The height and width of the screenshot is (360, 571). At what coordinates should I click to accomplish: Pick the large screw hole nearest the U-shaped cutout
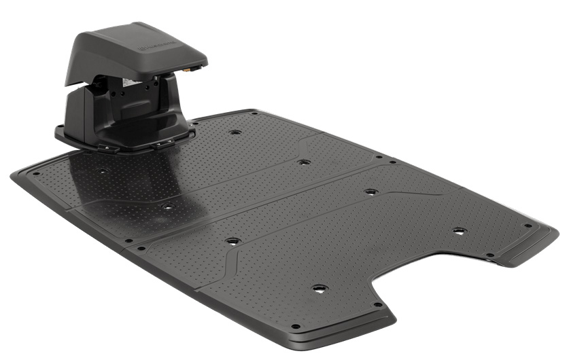pos(318,289)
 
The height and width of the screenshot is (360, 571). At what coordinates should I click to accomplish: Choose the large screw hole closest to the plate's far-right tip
pos(459,232)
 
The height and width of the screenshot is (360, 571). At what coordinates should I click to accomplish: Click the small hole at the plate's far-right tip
pos(527,226)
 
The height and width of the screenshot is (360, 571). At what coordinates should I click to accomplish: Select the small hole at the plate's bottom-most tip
pos(295,327)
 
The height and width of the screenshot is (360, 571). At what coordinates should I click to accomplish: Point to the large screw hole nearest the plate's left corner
pos(101,172)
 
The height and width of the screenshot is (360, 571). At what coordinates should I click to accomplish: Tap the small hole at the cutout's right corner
pos(489,256)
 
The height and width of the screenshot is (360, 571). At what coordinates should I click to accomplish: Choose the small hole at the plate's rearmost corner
pos(255,113)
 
